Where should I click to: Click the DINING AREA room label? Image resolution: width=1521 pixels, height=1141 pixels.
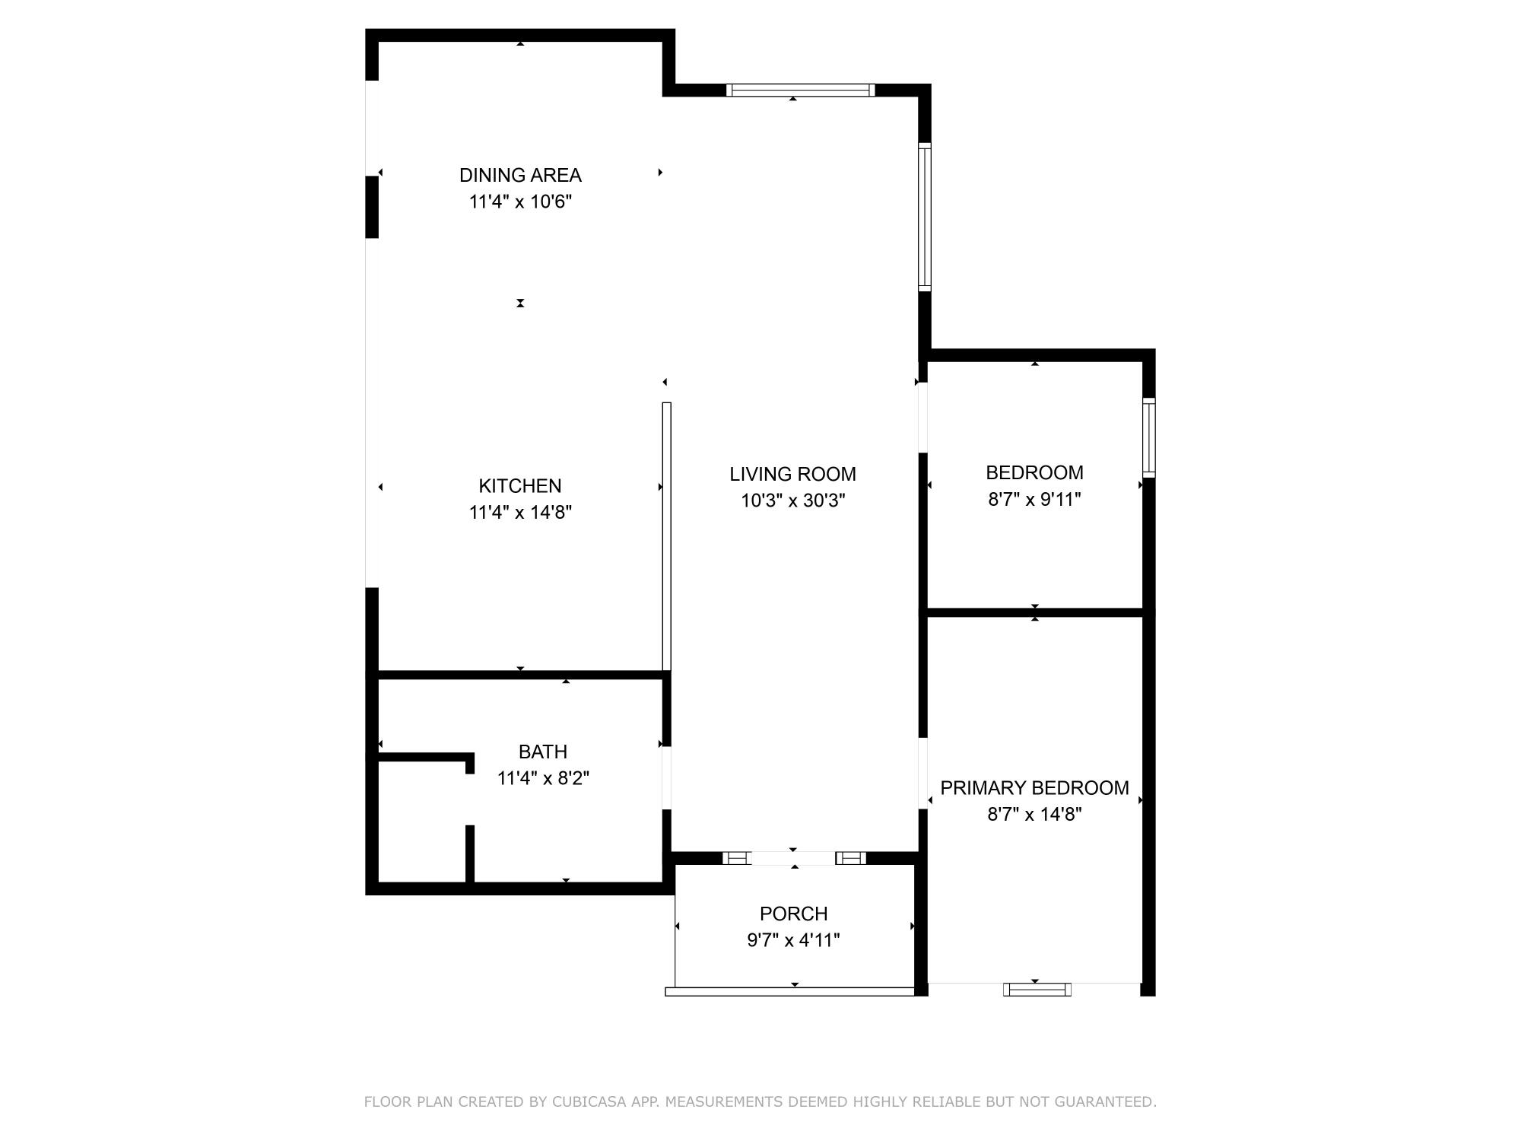520,175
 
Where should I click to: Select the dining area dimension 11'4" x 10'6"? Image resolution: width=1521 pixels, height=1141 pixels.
520,202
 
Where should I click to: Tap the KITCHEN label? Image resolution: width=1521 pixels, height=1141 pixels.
520,485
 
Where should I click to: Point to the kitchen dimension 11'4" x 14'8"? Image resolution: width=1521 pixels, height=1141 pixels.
520,512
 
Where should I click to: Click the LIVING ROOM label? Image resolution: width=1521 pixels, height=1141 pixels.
793,474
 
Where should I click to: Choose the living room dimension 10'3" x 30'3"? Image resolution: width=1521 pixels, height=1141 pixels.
793,501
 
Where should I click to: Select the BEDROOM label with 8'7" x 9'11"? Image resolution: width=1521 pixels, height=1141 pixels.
1034,472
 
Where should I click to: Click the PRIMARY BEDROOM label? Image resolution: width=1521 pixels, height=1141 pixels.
1034,787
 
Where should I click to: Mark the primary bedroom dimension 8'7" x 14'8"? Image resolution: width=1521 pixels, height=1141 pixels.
1034,814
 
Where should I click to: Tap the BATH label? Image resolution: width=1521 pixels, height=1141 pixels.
543,752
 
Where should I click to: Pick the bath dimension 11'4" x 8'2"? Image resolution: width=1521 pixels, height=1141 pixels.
543,778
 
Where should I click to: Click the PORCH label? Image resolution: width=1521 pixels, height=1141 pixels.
793,913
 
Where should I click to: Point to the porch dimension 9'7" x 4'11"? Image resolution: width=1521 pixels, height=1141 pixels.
793,940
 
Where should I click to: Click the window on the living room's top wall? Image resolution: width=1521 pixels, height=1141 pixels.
800,90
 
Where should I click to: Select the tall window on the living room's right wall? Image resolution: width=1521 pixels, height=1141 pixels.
925,217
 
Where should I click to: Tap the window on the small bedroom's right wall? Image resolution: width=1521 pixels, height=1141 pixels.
1149,437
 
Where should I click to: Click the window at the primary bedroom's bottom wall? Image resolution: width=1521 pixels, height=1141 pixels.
1037,989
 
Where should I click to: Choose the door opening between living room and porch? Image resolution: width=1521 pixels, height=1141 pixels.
794,858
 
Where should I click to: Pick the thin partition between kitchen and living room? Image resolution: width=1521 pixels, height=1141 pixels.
667,536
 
